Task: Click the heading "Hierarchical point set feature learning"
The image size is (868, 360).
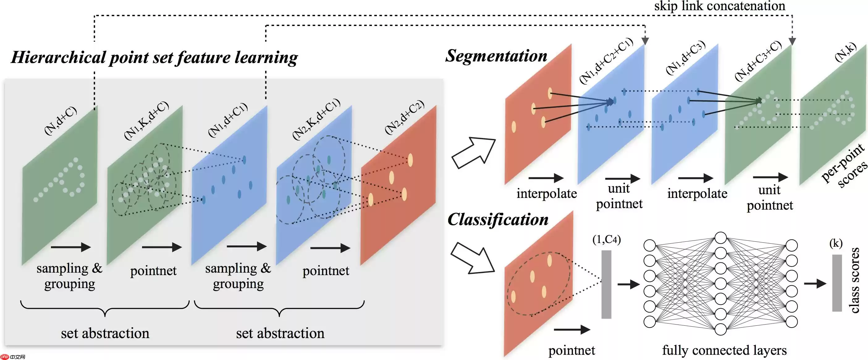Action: (x=154, y=57)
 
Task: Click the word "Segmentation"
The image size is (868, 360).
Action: (x=496, y=56)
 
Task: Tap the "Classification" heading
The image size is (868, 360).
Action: (x=498, y=220)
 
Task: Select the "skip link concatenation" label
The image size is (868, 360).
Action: (x=719, y=6)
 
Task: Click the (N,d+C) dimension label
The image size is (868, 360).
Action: (x=61, y=120)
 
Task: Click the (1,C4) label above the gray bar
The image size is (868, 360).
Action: (x=607, y=240)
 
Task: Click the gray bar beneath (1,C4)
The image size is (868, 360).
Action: (x=606, y=284)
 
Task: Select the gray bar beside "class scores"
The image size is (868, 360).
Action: (x=837, y=283)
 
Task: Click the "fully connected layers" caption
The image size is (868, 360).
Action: (x=724, y=350)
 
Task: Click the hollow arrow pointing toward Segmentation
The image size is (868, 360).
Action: (x=474, y=152)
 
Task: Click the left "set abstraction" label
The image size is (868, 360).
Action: (x=105, y=333)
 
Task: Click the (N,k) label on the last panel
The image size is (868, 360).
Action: (x=846, y=52)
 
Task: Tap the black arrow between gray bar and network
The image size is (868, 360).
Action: (x=628, y=284)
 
